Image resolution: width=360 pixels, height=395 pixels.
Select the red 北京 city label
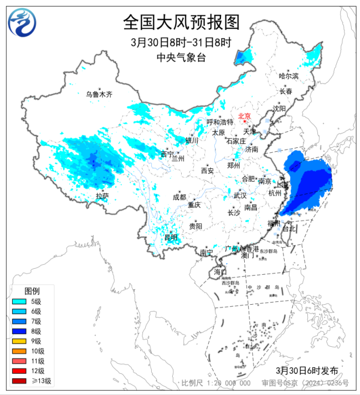[244, 116]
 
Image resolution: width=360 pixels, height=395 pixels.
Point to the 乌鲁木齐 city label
[99, 95]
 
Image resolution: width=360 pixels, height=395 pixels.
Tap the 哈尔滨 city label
[289, 76]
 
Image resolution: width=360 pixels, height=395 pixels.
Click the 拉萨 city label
[102, 196]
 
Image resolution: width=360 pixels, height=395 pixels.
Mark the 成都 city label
[179, 197]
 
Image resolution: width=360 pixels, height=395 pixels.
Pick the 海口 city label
[220, 272]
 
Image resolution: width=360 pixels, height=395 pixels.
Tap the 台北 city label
[290, 228]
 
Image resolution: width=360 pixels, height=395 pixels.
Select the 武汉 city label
[240, 196]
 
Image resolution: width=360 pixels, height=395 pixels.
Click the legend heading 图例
[32, 291]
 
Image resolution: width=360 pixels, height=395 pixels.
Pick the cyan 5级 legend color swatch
[19, 301]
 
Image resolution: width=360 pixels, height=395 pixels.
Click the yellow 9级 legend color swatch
[19, 341]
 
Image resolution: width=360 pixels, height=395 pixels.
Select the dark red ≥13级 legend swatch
[19, 381]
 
